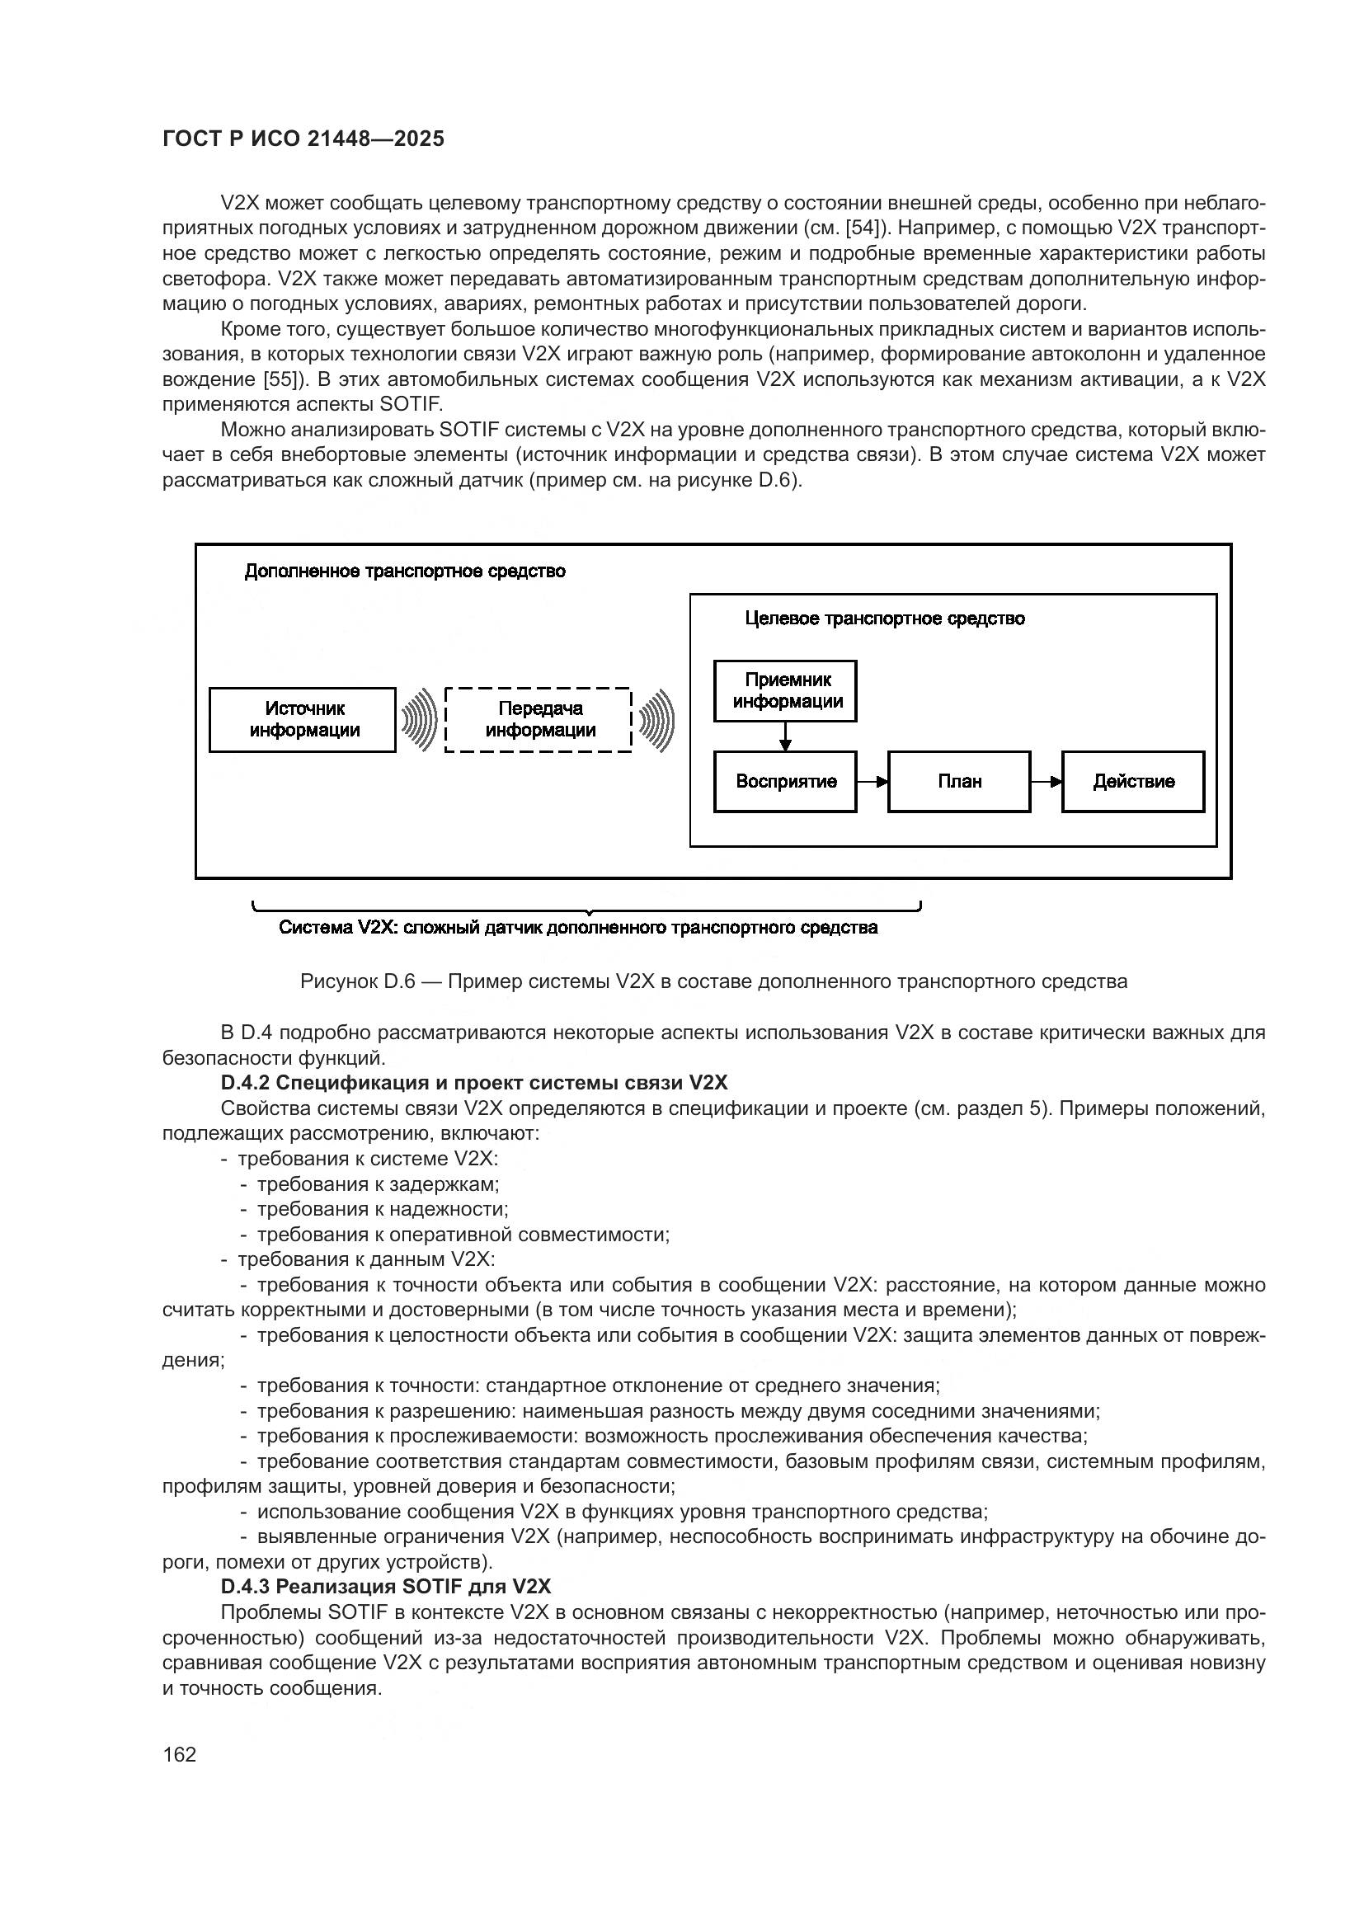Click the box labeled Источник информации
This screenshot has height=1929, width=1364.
303,719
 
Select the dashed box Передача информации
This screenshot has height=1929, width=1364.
539,719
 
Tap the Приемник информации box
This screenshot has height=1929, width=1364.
785,690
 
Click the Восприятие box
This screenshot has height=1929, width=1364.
785,781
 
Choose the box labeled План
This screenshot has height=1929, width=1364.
959,781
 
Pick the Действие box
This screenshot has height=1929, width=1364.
1133,781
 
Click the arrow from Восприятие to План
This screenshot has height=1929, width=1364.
872,781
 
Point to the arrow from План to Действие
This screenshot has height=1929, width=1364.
1047,781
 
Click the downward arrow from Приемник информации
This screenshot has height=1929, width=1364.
785,736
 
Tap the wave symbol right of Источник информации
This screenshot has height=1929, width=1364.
420,720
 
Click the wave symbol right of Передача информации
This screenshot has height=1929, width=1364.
656,720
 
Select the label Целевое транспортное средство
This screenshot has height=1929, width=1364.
884,619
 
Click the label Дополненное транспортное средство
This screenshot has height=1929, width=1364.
405,572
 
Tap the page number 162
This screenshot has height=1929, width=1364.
179,1754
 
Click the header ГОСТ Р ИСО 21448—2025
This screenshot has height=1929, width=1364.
303,139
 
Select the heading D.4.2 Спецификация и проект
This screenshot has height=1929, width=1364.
473,1082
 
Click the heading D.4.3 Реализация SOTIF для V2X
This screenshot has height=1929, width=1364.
385,1586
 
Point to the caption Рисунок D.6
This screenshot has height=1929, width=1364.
713,981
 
